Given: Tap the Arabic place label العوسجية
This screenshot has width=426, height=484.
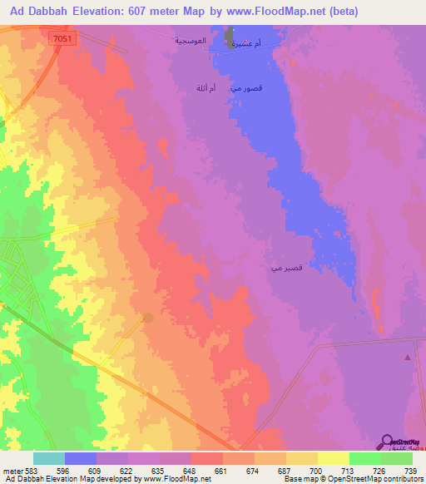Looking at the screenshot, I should click(x=190, y=40).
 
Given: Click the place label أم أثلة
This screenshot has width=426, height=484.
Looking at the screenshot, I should click(x=205, y=86).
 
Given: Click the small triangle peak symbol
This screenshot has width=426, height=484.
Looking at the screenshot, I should click(x=408, y=357).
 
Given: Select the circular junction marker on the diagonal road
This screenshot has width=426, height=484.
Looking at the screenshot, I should click(x=148, y=318).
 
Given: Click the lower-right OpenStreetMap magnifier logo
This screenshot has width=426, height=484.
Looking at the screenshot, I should click(x=389, y=442).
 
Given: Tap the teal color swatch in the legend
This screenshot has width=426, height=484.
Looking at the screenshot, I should click(x=49, y=458).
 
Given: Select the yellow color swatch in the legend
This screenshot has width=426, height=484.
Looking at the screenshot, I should click(x=334, y=458).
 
